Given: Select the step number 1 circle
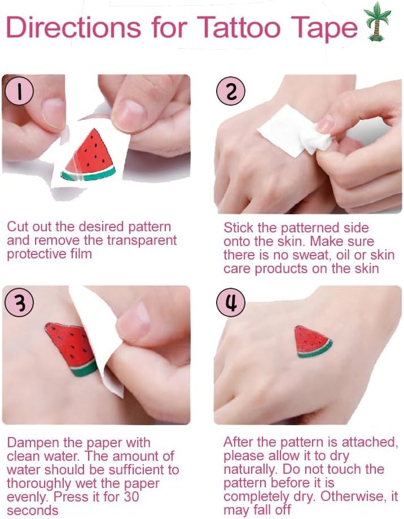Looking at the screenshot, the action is (x=20, y=92).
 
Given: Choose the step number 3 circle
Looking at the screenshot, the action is (x=20, y=304).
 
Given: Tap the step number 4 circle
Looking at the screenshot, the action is (x=231, y=304).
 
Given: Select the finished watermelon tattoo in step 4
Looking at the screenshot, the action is (x=312, y=342).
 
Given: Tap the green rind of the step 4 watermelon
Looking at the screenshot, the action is (x=315, y=351).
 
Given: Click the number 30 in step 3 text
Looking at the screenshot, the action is (x=131, y=497).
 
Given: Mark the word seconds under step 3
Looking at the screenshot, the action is (x=32, y=511).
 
